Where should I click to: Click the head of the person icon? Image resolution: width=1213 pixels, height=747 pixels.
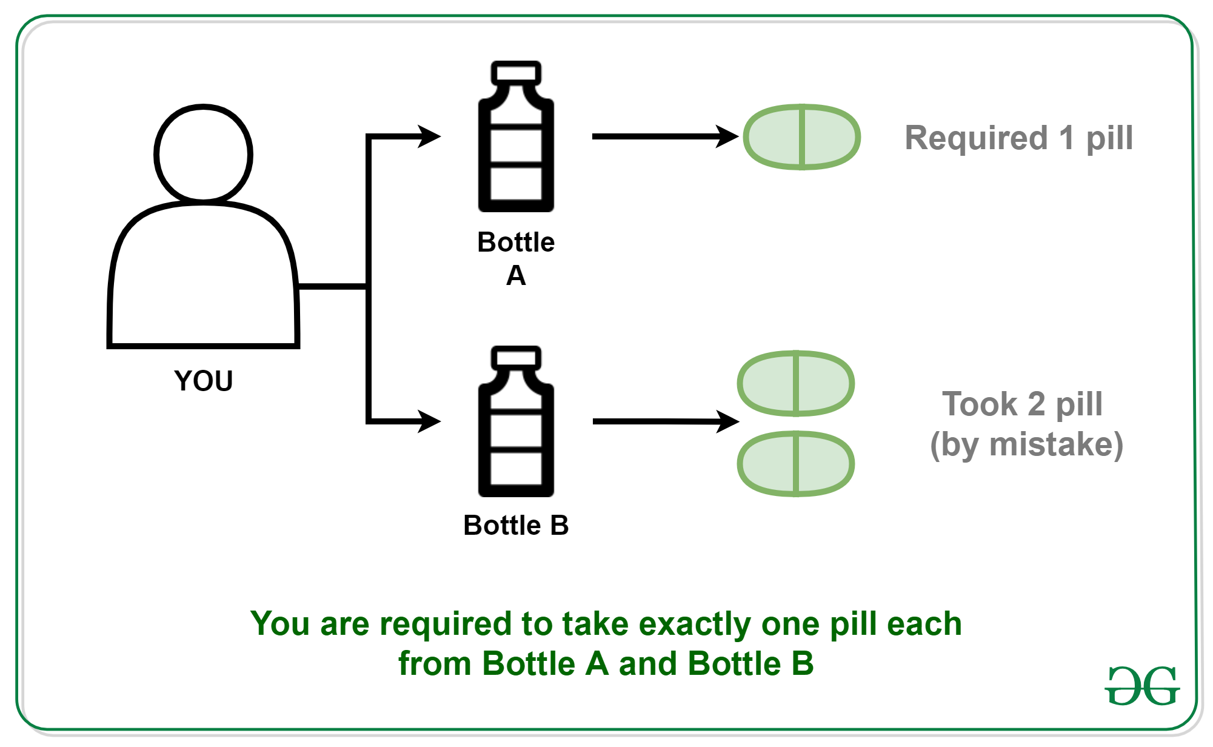click(203, 153)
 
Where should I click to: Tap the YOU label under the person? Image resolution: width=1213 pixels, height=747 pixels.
click(203, 381)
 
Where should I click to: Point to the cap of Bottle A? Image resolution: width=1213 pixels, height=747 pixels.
click(516, 72)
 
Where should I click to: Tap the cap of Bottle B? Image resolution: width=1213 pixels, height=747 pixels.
click(516, 357)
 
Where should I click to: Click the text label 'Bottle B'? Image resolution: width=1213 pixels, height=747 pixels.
click(516, 525)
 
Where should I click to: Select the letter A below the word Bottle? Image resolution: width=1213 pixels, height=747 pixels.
click(516, 276)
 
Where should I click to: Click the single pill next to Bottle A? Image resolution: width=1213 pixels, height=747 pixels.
click(801, 137)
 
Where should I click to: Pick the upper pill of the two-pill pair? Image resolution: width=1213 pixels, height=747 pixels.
click(795, 383)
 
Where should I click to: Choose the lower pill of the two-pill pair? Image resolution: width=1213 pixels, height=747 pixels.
click(795, 464)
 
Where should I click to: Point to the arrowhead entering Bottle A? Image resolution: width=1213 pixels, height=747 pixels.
click(429, 136)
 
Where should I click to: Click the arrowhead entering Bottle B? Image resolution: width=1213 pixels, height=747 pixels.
click(429, 421)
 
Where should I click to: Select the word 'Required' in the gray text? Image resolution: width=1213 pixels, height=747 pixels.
click(976, 138)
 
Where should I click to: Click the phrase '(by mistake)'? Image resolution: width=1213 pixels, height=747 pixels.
click(1026, 444)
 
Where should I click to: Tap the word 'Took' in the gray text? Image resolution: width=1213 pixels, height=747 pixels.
click(979, 404)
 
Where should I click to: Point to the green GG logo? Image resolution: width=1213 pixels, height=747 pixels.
click(1141, 686)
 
